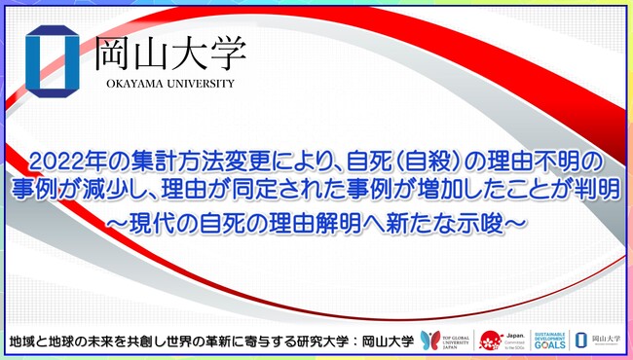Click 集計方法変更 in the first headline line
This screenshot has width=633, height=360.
(x=175, y=158)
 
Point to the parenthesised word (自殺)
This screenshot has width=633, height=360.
(x=396, y=158)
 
